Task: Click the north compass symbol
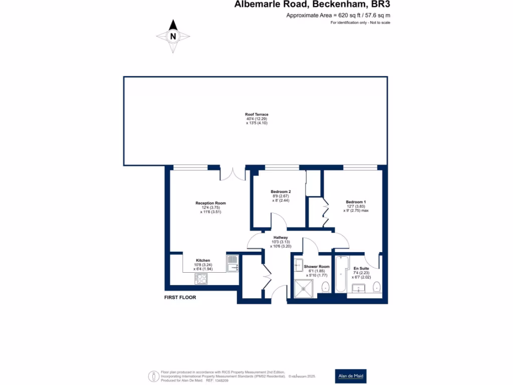[173, 36]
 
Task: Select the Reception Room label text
[210, 203]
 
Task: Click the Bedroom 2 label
[281, 192]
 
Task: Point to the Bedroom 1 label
[356, 202]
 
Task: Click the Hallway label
[280, 238]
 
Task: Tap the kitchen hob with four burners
[201, 279]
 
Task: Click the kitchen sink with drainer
[232, 264]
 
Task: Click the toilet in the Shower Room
[325, 287]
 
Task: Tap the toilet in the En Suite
[377, 287]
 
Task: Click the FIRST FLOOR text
[180, 297]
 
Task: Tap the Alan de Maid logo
[351, 375]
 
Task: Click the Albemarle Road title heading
[312, 5]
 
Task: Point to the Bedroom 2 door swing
[277, 220]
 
